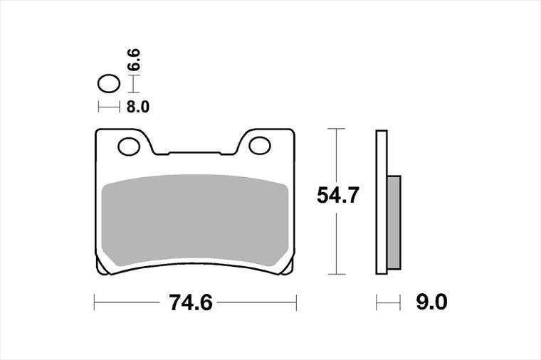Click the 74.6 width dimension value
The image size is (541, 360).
191,303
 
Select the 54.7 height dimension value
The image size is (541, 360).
338,195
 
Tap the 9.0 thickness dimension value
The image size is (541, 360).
431,302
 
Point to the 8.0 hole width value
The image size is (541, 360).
137,107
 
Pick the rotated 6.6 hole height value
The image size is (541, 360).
134,60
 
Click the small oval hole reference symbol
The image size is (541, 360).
109,83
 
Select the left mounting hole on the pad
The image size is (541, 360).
129,147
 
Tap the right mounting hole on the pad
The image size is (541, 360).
259,146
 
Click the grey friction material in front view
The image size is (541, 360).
195,220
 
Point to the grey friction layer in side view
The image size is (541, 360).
394,223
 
